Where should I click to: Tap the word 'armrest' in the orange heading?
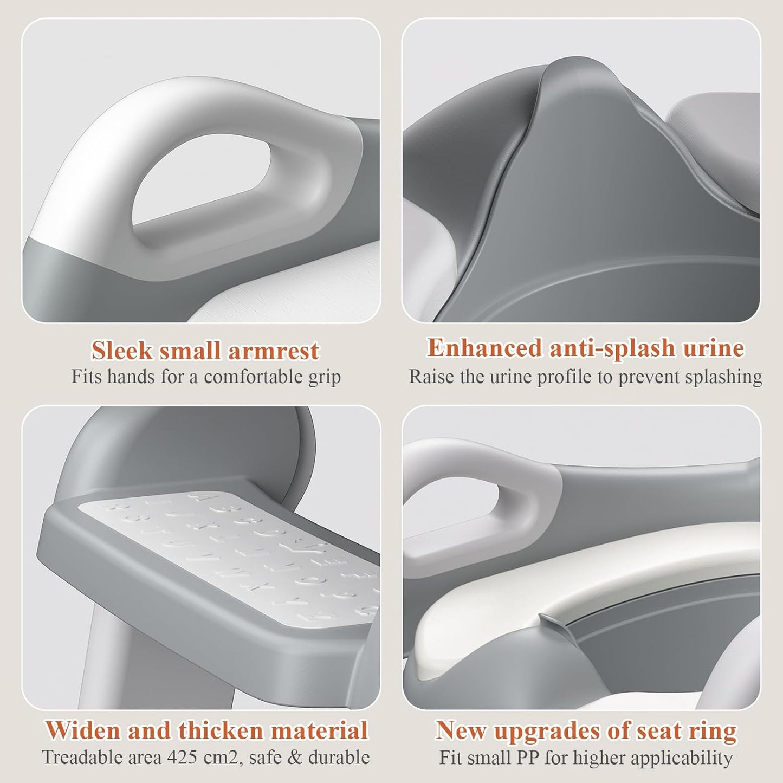273,351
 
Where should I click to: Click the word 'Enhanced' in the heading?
484,348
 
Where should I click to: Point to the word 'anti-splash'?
612,348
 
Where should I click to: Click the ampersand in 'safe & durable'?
295,757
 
